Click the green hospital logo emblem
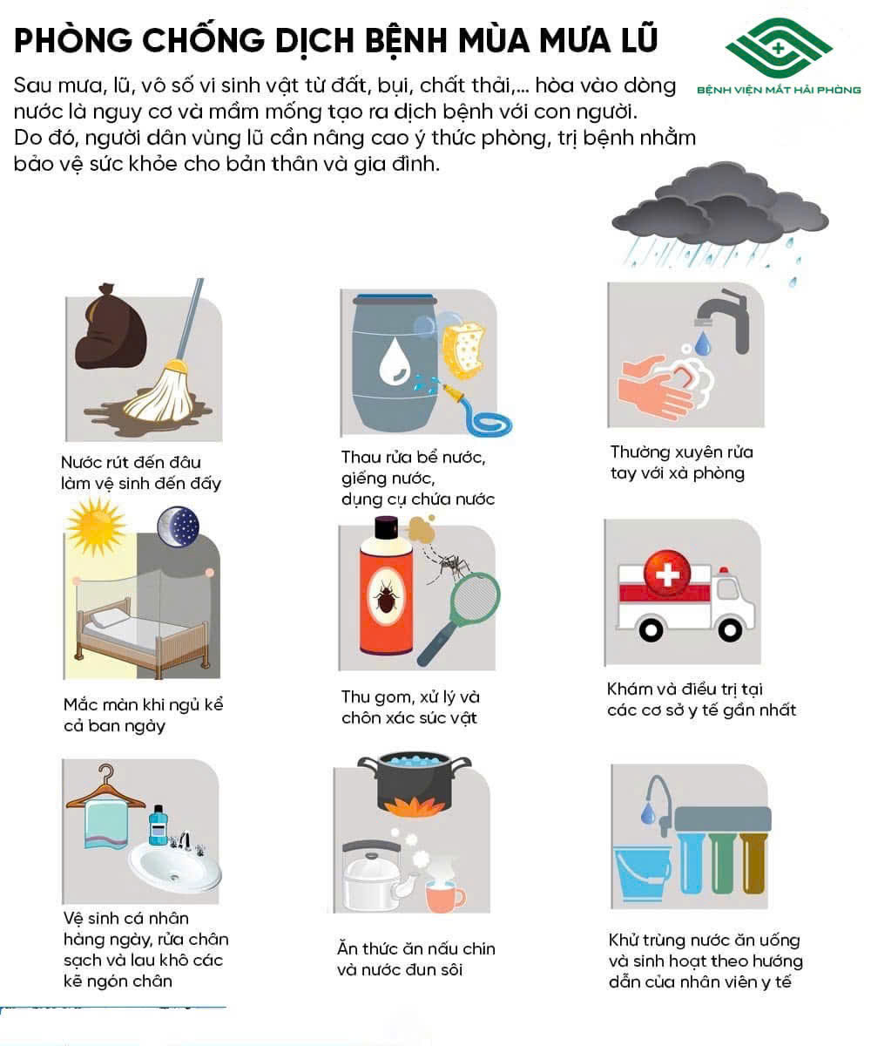[x=779, y=48]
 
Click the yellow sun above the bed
[x=96, y=526]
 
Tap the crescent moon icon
[x=179, y=526]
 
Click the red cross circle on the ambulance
[x=667, y=574]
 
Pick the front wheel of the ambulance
[x=730, y=631]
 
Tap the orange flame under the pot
[x=414, y=807]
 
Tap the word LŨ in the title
[x=636, y=40]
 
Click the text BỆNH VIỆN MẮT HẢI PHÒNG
[x=779, y=90]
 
